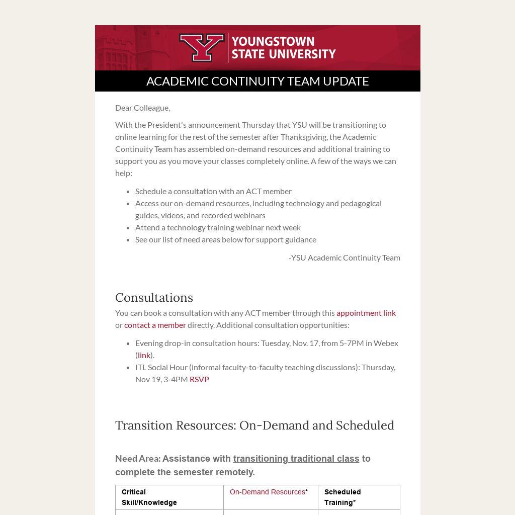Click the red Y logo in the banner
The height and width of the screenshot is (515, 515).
point(202,48)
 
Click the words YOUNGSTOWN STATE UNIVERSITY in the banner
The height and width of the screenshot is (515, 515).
point(283,48)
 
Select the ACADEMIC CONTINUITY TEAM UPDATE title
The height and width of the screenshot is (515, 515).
point(257,81)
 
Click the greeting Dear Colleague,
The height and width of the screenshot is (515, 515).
point(142,108)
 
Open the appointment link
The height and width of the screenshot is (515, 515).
point(366,313)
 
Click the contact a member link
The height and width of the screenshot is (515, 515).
point(155,325)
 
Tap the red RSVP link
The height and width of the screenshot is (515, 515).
point(199,379)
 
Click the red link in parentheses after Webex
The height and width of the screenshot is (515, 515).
point(144,355)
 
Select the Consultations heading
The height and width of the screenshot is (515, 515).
point(154,298)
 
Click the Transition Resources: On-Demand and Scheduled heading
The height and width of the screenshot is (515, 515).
point(254,425)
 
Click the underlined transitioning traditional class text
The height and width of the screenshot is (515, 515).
point(296,459)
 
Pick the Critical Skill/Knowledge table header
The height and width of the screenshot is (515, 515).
point(149,497)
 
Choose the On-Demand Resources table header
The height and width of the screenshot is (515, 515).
point(268,492)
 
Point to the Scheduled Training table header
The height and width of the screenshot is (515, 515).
point(342,497)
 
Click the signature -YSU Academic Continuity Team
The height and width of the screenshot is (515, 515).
point(344,257)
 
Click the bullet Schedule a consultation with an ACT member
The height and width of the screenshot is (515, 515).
point(213,191)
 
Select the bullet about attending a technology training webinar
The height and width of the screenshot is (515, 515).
point(218,227)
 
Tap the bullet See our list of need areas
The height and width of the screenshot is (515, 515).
point(225,239)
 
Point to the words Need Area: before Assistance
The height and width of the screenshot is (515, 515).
point(138,459)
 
